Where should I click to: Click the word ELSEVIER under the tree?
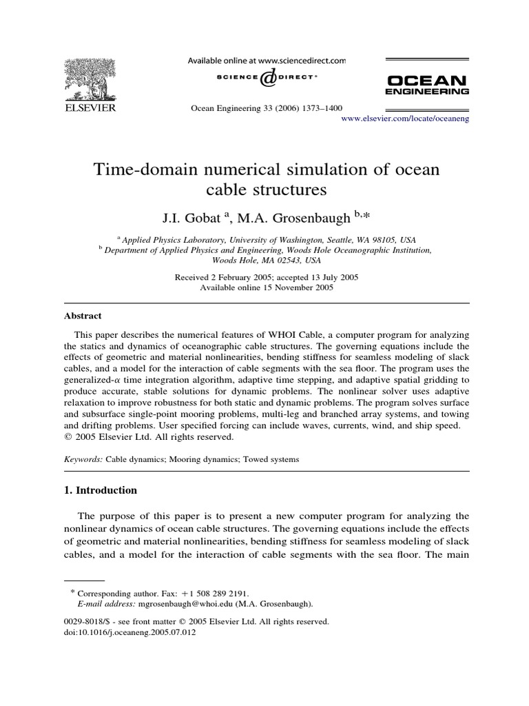[90, 108]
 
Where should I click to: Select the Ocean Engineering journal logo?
[427, 84]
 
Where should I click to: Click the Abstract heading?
[83, 316]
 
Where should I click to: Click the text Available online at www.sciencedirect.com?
[267, 61]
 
